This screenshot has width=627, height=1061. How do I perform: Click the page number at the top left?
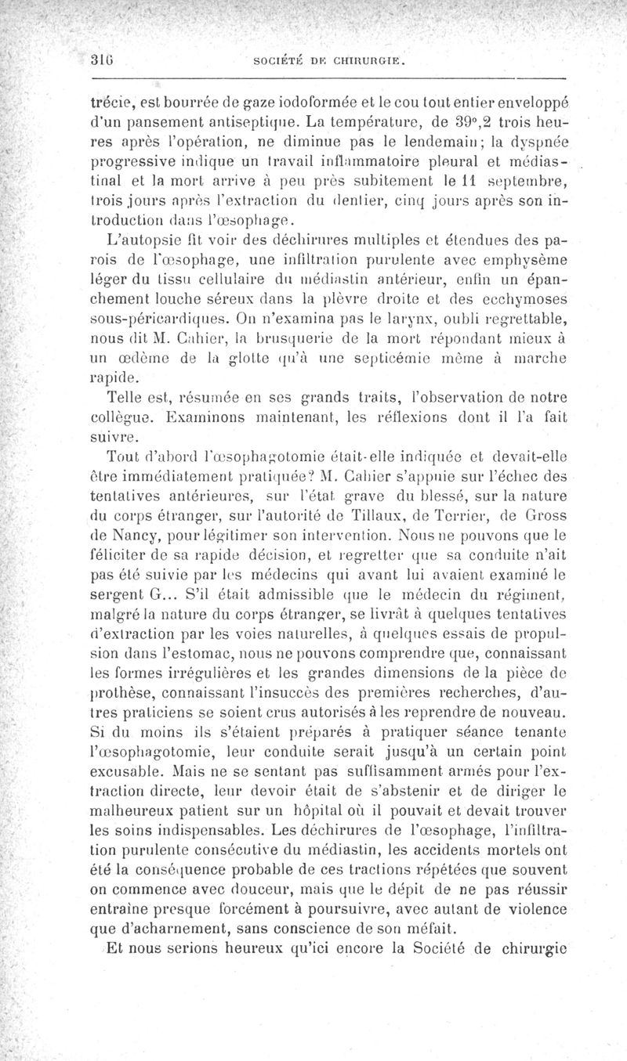pos(99,63)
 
